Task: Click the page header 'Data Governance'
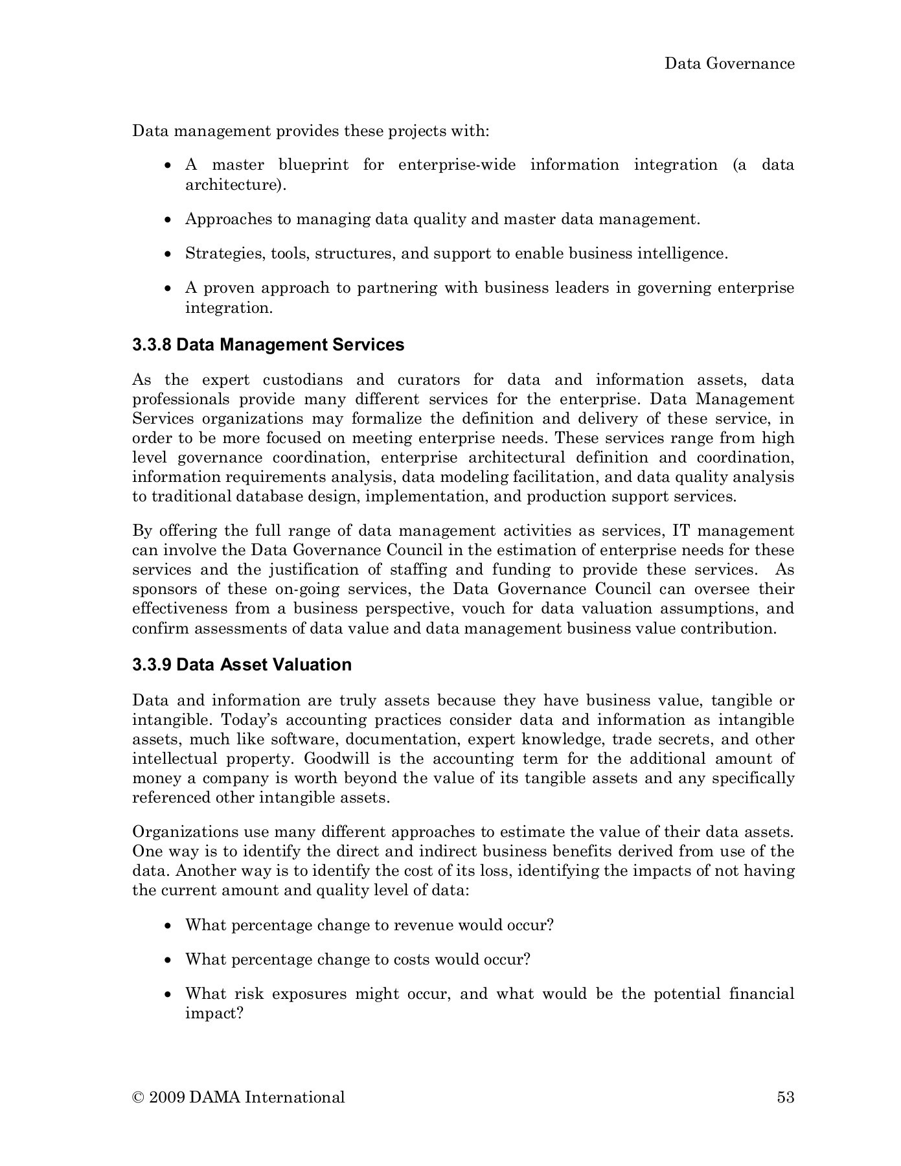729,63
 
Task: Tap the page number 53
785,1097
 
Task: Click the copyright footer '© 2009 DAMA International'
238,1097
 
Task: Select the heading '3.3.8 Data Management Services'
268,345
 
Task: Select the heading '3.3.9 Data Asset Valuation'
242,665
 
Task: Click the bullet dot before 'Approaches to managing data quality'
168,220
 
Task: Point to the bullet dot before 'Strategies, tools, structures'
168,254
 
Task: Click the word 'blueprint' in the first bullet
314,165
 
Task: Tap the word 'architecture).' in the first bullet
236,185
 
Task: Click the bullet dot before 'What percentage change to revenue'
168,926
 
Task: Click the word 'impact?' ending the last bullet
214,1013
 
